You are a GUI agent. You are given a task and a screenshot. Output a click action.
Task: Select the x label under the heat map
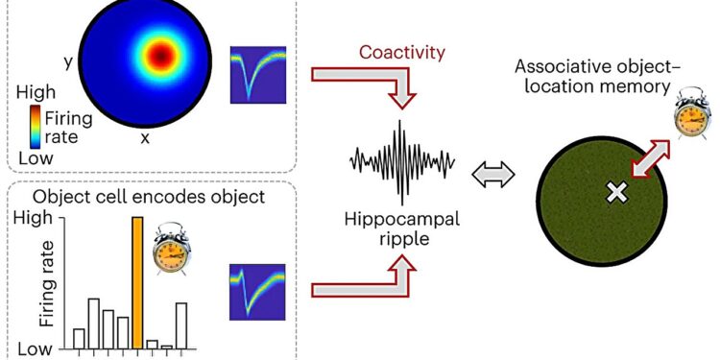point(145,138)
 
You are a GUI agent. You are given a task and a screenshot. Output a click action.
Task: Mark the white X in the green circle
point(614,194)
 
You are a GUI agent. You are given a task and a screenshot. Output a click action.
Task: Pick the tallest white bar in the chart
point(93,323)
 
